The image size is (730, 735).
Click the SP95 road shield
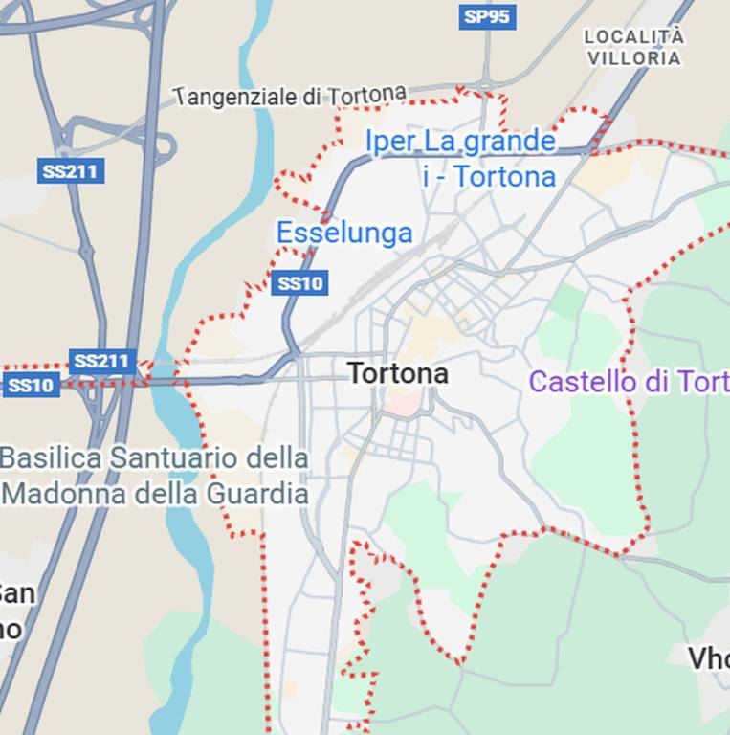coord(487,16)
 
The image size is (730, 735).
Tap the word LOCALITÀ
coord(634,36)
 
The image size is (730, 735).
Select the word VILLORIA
coord(634,58)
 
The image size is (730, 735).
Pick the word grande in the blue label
coord(508,142)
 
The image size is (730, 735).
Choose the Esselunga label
coord(344,233)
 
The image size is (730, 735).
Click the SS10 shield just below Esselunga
coord(299,283)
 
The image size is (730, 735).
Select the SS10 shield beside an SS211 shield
coord(31,386)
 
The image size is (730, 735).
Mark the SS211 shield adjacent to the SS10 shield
coord(101,362)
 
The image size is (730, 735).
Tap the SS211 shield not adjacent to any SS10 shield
coord(72,172)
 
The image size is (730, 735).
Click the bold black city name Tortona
coord(397,373)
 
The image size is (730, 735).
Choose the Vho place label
coord(709,657)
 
